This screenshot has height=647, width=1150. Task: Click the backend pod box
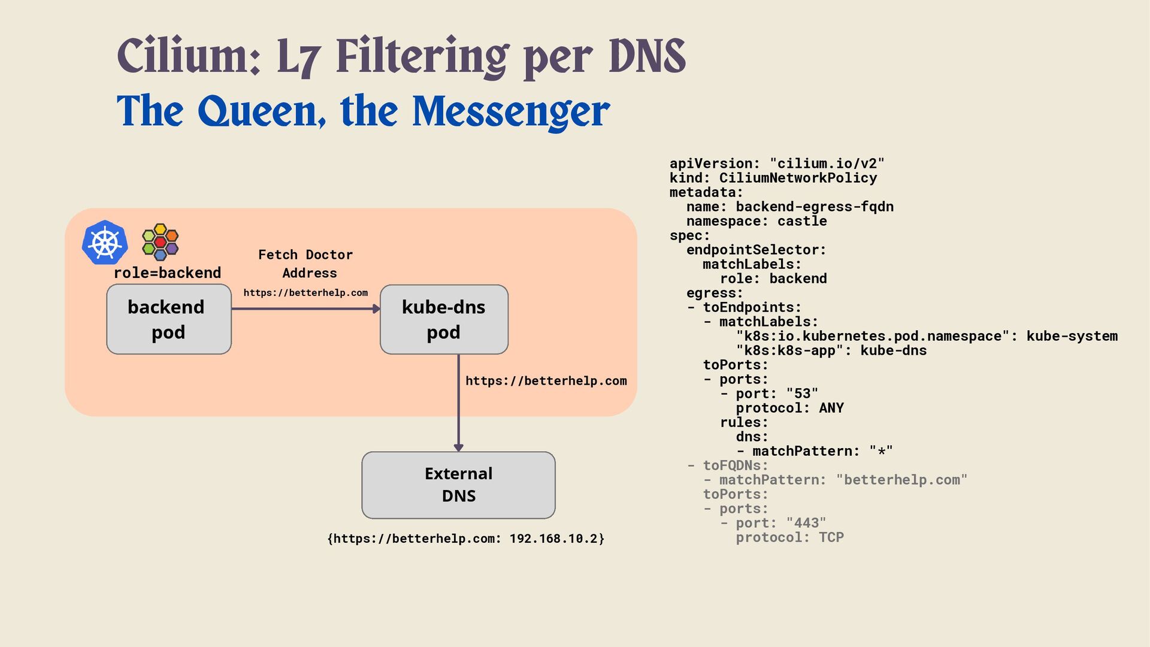point(168,319)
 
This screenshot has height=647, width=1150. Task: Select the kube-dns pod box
point(444,319)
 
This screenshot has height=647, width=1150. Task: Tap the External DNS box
point(458,485)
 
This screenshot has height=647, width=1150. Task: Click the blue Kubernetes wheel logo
point(105,243)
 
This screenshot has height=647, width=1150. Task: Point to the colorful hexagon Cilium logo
point(160,242)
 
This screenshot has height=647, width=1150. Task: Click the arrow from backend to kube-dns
point(305,309)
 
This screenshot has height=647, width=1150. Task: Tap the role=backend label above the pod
point(167,273)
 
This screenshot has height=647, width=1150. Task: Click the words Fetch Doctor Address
point(305,264)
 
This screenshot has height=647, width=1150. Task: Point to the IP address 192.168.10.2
point(553,539)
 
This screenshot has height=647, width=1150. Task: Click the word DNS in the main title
point(647,56)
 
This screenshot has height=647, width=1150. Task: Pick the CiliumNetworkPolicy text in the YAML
point(798,178)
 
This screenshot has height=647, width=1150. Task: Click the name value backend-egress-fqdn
point(815,207)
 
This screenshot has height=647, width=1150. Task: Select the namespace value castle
point(802,221)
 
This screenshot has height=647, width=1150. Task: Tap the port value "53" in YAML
point(802,394)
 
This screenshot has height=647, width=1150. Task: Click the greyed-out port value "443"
point(806,523)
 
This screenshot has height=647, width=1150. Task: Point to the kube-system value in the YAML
point(1072,336)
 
